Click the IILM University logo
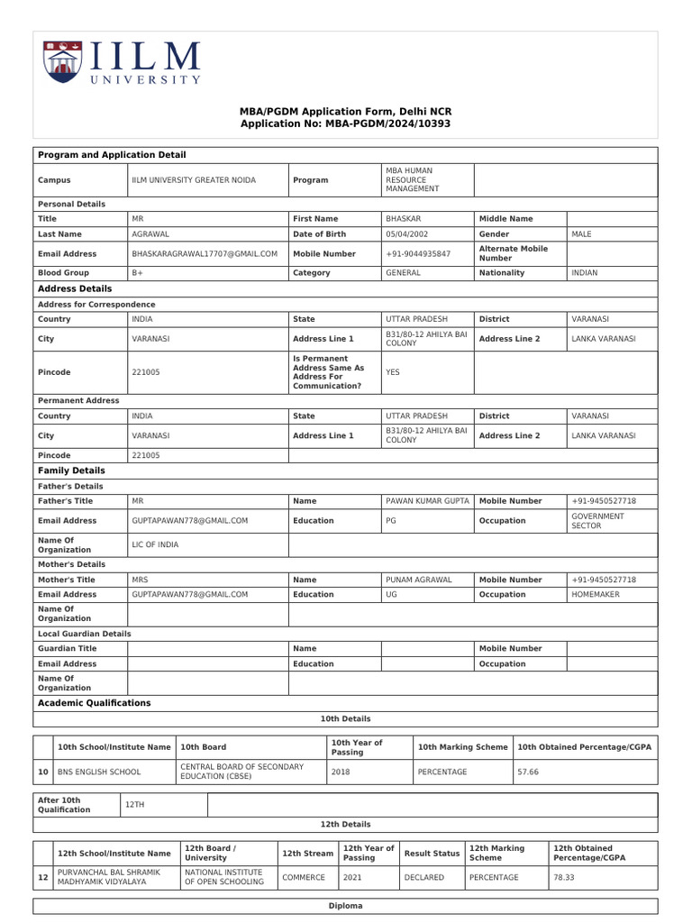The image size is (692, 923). (122, 63)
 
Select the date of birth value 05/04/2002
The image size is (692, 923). (406, 234)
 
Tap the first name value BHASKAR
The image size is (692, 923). (404, 218)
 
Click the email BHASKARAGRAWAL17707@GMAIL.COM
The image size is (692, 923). (205, 254)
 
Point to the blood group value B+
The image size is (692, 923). (138, 272)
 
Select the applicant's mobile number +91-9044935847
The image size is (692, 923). (418, 254)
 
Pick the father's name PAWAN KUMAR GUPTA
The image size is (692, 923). (427, 500)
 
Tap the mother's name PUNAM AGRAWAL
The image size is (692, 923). (419, 580)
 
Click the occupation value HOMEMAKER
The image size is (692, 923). (596, 595)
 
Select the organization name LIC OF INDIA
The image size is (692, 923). (155, 544)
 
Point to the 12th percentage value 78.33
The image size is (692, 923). (564, 877)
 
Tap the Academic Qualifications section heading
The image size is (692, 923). (94, 703)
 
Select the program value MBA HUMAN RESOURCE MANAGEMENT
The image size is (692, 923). (413, 179)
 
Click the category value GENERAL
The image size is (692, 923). (403, 272)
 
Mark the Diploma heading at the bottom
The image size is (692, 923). (346, 906)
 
